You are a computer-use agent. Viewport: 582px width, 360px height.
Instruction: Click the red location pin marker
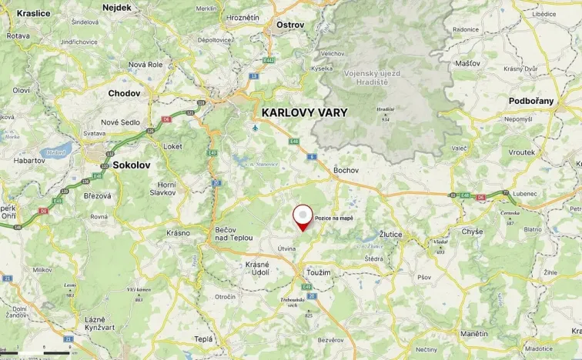304,216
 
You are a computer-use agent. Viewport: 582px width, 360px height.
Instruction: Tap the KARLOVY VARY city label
304,112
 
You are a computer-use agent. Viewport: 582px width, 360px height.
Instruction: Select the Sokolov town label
131,165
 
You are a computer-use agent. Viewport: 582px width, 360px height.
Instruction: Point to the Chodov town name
124,93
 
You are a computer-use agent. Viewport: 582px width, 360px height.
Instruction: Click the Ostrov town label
290,25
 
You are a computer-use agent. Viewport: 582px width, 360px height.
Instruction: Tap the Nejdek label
116,8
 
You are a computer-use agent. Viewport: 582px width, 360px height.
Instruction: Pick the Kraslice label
33,13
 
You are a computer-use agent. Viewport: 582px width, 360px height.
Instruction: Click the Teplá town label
203,339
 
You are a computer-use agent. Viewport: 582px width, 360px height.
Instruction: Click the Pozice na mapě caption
334,218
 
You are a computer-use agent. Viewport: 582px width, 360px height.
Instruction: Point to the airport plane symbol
256,128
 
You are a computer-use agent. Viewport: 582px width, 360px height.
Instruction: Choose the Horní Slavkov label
166,188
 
